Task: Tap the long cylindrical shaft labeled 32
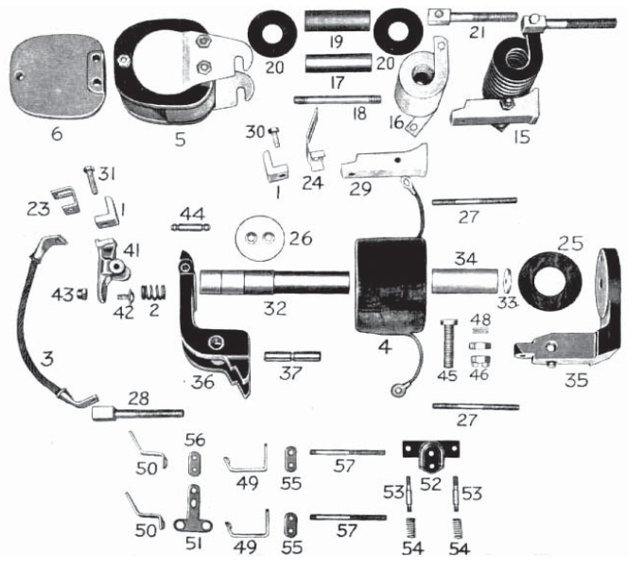274,283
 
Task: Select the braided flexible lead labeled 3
43,321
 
